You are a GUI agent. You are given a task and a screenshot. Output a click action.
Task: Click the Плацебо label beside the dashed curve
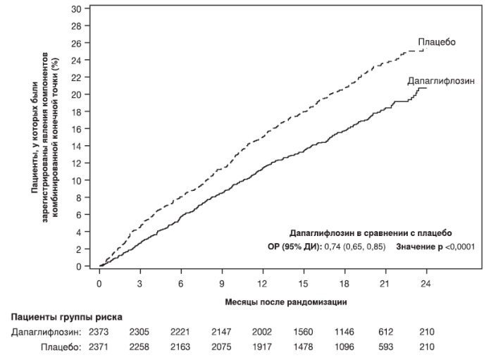pos(437,42)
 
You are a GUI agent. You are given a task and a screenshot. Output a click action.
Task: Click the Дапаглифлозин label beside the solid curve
pos(437,82)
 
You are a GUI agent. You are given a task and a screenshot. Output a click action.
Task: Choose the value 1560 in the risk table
pos(303,331)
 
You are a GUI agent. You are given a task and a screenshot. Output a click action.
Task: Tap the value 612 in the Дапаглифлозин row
pos(385,331)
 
